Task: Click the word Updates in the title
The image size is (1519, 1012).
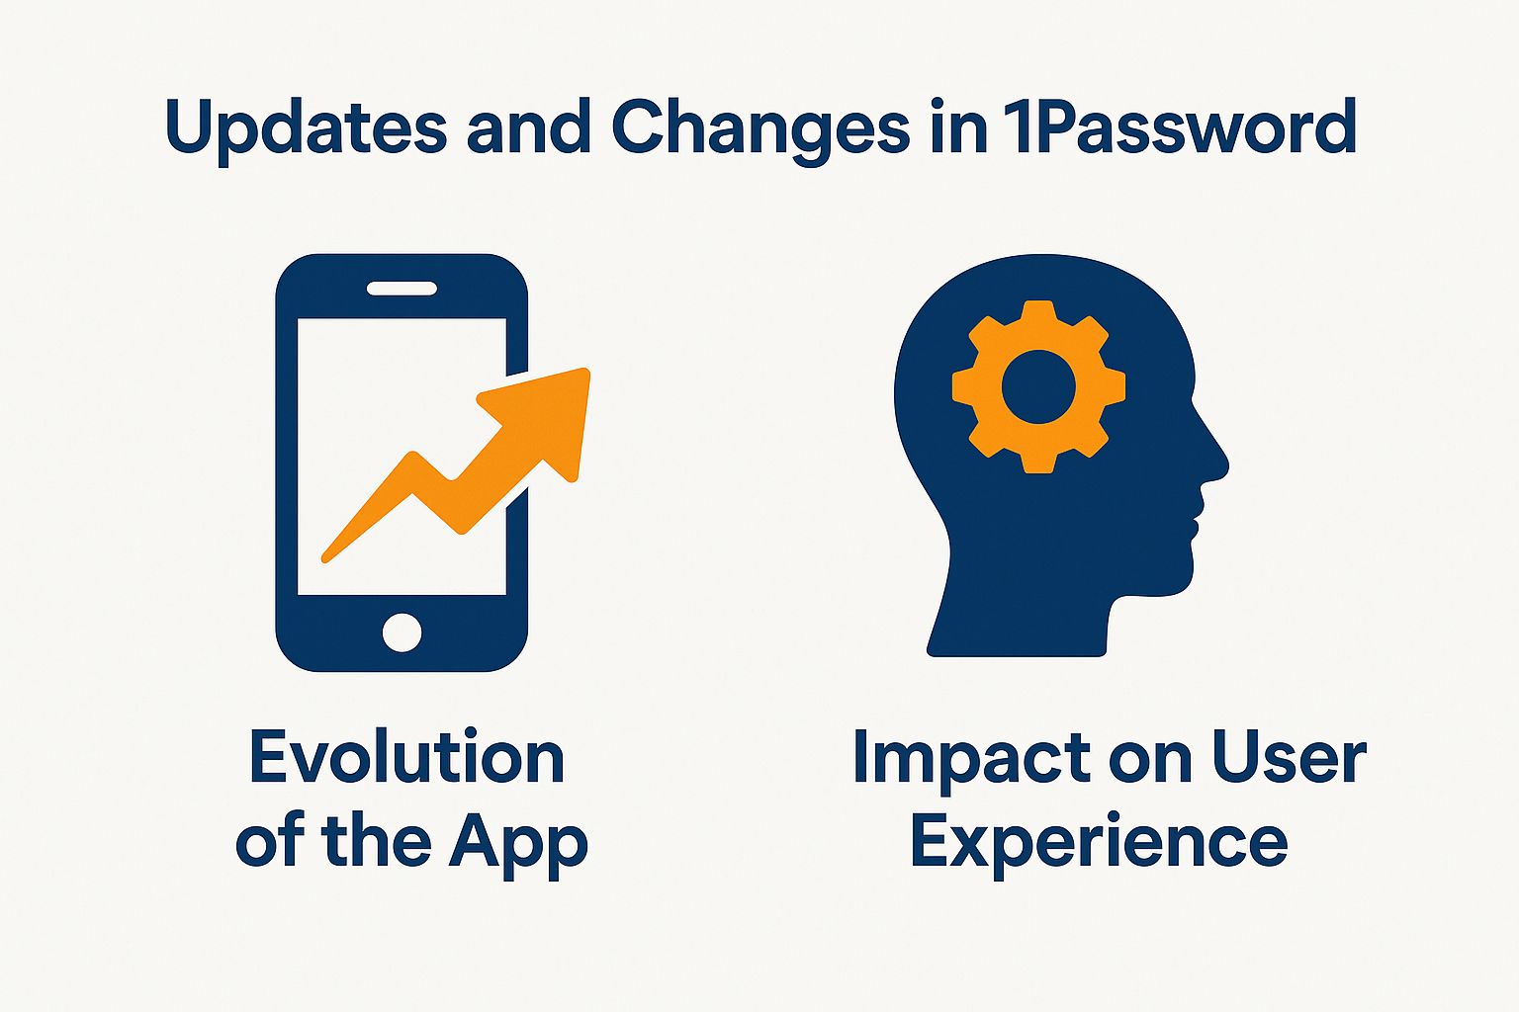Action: (306, 129)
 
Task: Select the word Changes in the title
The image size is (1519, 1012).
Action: (760, 129)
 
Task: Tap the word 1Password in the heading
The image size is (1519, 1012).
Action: (1177, 126)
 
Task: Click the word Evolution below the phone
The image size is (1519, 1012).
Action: (406, 757)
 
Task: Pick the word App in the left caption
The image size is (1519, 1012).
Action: (518, 845)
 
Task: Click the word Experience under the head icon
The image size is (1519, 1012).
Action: (1100, 845)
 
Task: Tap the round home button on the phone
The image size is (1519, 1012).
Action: (402, 633)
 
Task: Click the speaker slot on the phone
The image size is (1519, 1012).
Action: (402, 289)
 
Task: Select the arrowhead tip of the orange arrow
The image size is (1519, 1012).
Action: (588, 370)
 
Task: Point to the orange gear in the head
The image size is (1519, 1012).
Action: (1039, 386)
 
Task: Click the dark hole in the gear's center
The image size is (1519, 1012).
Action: (1039, 387)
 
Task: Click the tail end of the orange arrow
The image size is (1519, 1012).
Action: (324, 558)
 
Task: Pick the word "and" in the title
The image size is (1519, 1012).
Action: (529, 128)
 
